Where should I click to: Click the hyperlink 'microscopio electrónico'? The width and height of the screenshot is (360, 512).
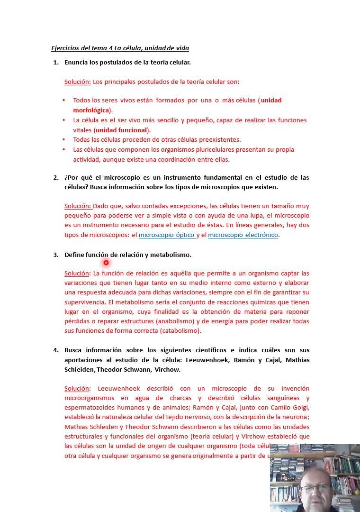(x=243, y=235)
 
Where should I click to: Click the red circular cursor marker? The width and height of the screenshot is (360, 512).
(x=106, y=262)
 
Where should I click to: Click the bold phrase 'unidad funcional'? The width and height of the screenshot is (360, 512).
(x=122, y=130)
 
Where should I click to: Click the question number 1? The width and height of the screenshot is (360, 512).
(x=55, y=62)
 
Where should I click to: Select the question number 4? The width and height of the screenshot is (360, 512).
(x=55, y=350)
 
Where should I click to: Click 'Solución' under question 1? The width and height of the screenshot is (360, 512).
(x=77, y=82)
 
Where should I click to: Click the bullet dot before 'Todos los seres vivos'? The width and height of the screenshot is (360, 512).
(x=64, y=101)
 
